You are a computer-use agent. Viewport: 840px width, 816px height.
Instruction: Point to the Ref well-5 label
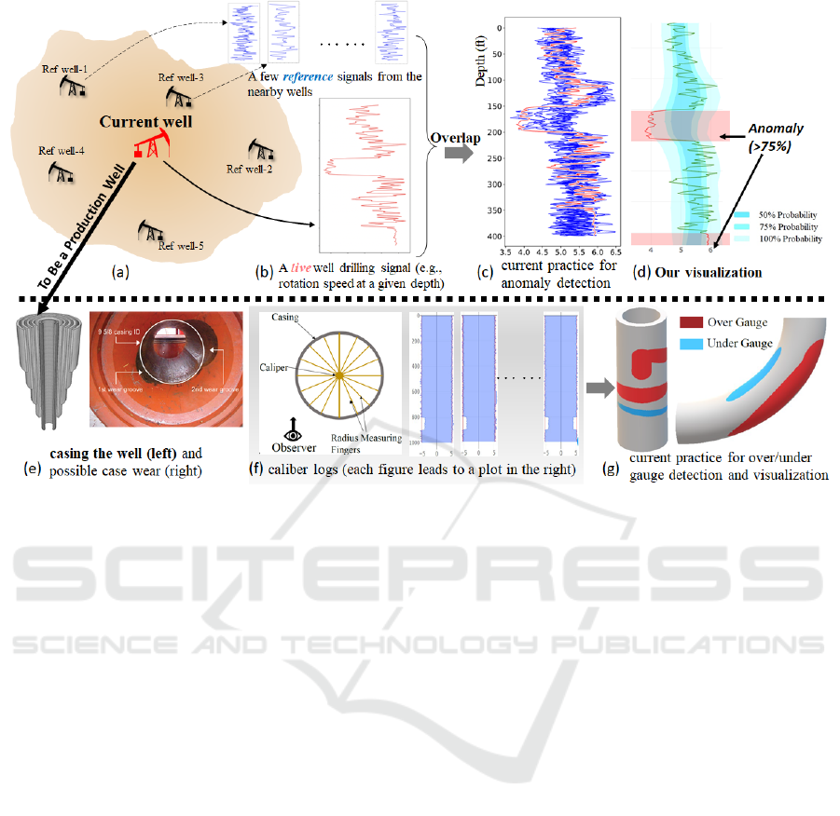180,246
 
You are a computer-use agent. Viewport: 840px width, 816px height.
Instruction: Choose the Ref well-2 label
249,169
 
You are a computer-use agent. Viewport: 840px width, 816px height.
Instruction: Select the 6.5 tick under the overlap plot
616,252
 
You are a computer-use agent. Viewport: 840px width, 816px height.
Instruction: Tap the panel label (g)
612,469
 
